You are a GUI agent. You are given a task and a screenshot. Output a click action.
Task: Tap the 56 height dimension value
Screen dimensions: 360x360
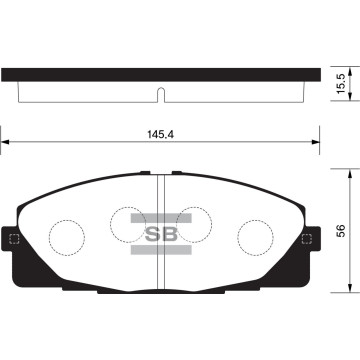click(x=341, y=229)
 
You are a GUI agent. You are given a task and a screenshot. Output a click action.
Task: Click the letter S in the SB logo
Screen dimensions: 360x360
click(x=157, y=237)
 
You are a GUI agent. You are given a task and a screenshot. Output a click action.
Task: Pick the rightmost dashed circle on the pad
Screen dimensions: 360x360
click(x=255, y=236)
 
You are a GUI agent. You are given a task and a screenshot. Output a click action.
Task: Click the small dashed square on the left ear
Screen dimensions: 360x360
click(x=14, y=239)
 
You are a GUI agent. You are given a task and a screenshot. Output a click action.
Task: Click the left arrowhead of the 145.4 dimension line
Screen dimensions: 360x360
click(x=6, y=144)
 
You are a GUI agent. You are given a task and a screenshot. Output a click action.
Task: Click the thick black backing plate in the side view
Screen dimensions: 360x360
click(x=160, y=76)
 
